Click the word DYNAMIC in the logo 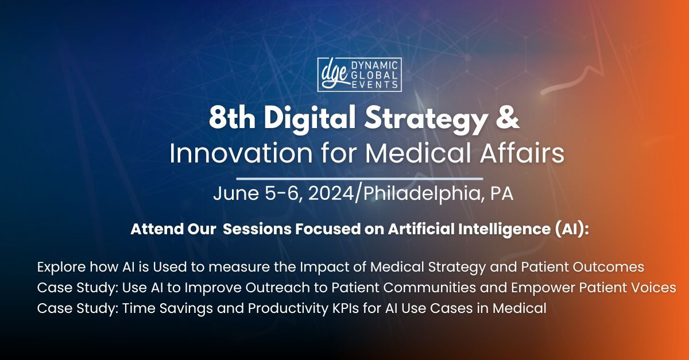[374, 65]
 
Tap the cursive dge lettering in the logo [335, 75]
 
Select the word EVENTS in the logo [374, 84]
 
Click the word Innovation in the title [241, 153]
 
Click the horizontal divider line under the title [359, 179]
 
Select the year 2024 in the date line [331, 193]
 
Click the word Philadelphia [422, 194]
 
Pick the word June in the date [236, 193]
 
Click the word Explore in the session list [61, 267]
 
